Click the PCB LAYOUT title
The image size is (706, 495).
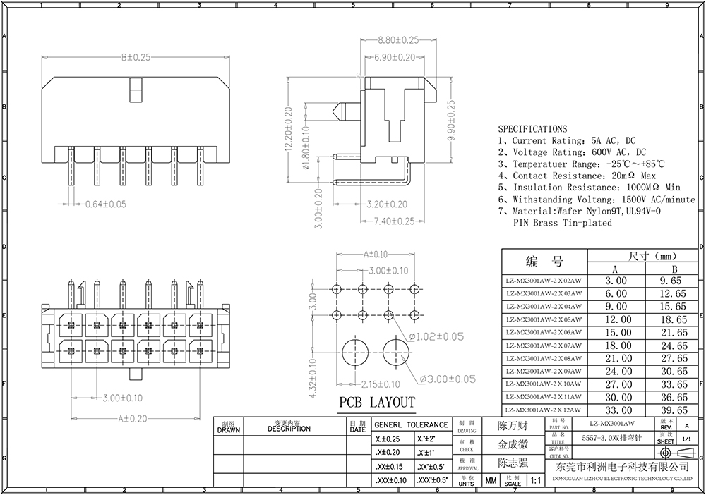(x=377, y=403)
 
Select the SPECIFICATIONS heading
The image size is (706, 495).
(x=532, y=129)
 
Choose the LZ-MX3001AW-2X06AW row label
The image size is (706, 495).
(x=544, y=332)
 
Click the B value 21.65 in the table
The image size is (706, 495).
(x=673, y=332)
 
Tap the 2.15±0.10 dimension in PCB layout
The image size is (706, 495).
(x=378, y=384)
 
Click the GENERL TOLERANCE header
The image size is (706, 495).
(x=411, y=425)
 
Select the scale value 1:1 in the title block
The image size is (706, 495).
(x=534, y=482)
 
